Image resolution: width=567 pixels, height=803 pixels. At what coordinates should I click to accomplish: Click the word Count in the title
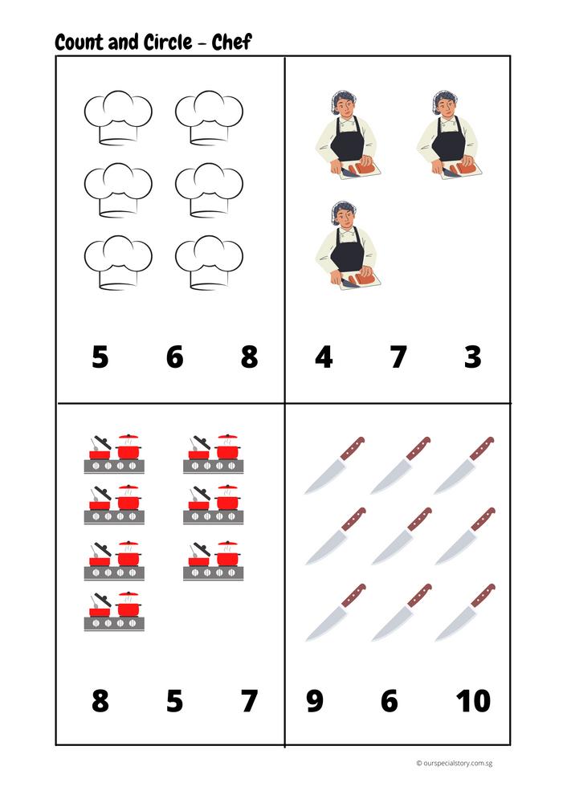(x=79, y=42)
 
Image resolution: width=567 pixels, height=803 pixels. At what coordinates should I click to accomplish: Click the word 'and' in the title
(x=121, y=42)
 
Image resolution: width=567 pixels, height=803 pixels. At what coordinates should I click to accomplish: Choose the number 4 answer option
(x=324, y=357)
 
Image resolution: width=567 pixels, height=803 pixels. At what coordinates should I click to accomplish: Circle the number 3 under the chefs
(x=473, y=357)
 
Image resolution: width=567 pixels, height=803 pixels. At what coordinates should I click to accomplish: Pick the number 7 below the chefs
(x=398, y=357)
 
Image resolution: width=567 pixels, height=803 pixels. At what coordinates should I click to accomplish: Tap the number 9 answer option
(x=315, y=701)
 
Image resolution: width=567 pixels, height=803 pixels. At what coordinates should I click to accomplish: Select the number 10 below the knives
(x=473, y=701)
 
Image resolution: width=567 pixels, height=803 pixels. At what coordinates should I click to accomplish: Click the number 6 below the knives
(x=390, y=701)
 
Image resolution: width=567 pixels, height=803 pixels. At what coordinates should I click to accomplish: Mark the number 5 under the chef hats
(x=100, y=357)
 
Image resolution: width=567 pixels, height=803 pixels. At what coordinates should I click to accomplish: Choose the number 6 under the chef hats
(x=174, y=357)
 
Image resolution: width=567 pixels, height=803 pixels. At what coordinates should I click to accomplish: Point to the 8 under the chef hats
(x=249, y=357)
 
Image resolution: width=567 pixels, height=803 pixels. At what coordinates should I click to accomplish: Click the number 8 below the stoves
(x=100, y=701)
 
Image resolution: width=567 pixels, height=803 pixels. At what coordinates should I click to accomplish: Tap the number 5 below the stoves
(x=174, y=701)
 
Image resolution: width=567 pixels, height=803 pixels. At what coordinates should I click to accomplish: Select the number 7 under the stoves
(x=249, y=701)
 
